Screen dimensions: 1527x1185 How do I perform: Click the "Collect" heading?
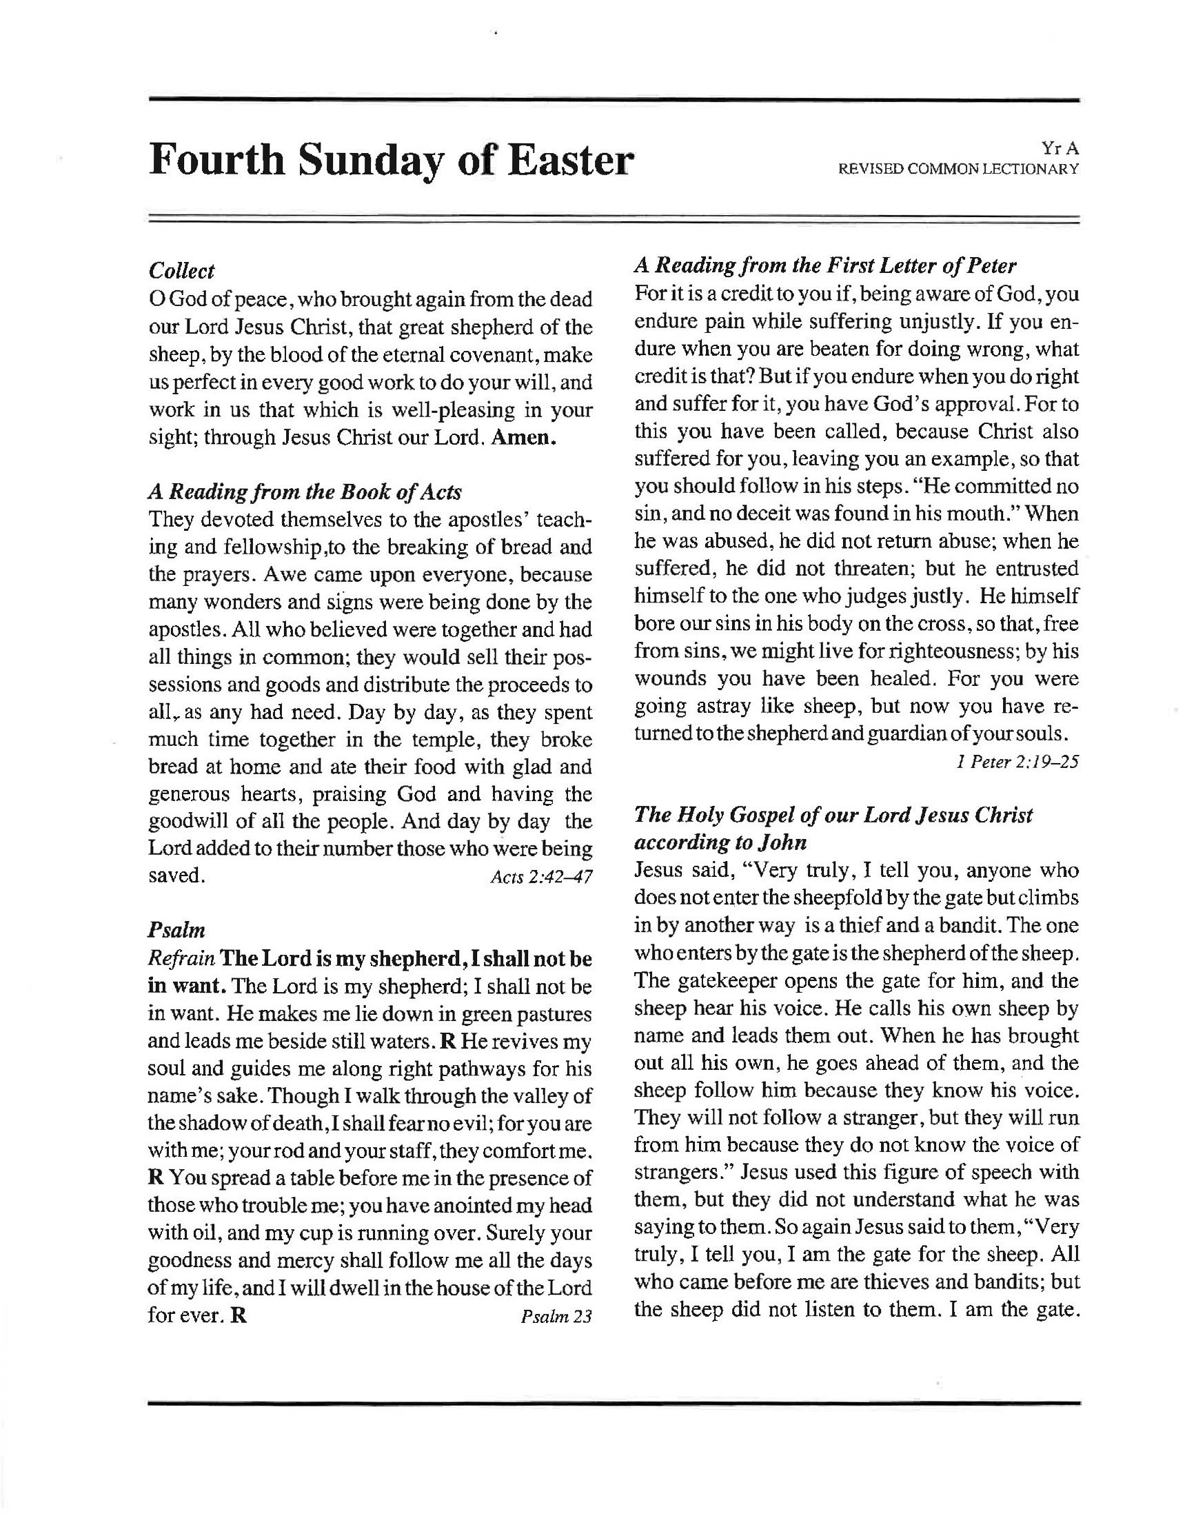tap(182, 272)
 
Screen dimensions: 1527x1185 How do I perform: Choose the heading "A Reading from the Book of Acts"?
tap(305, 492)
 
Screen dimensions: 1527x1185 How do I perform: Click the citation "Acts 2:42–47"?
tap(541, 877)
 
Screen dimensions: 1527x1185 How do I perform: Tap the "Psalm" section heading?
tap(177, 931)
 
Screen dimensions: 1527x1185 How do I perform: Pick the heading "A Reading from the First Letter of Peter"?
tap(825, 265)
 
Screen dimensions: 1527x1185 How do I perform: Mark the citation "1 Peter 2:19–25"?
tap(1017, 761)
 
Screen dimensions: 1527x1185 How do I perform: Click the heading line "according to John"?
tap(720, 842)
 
